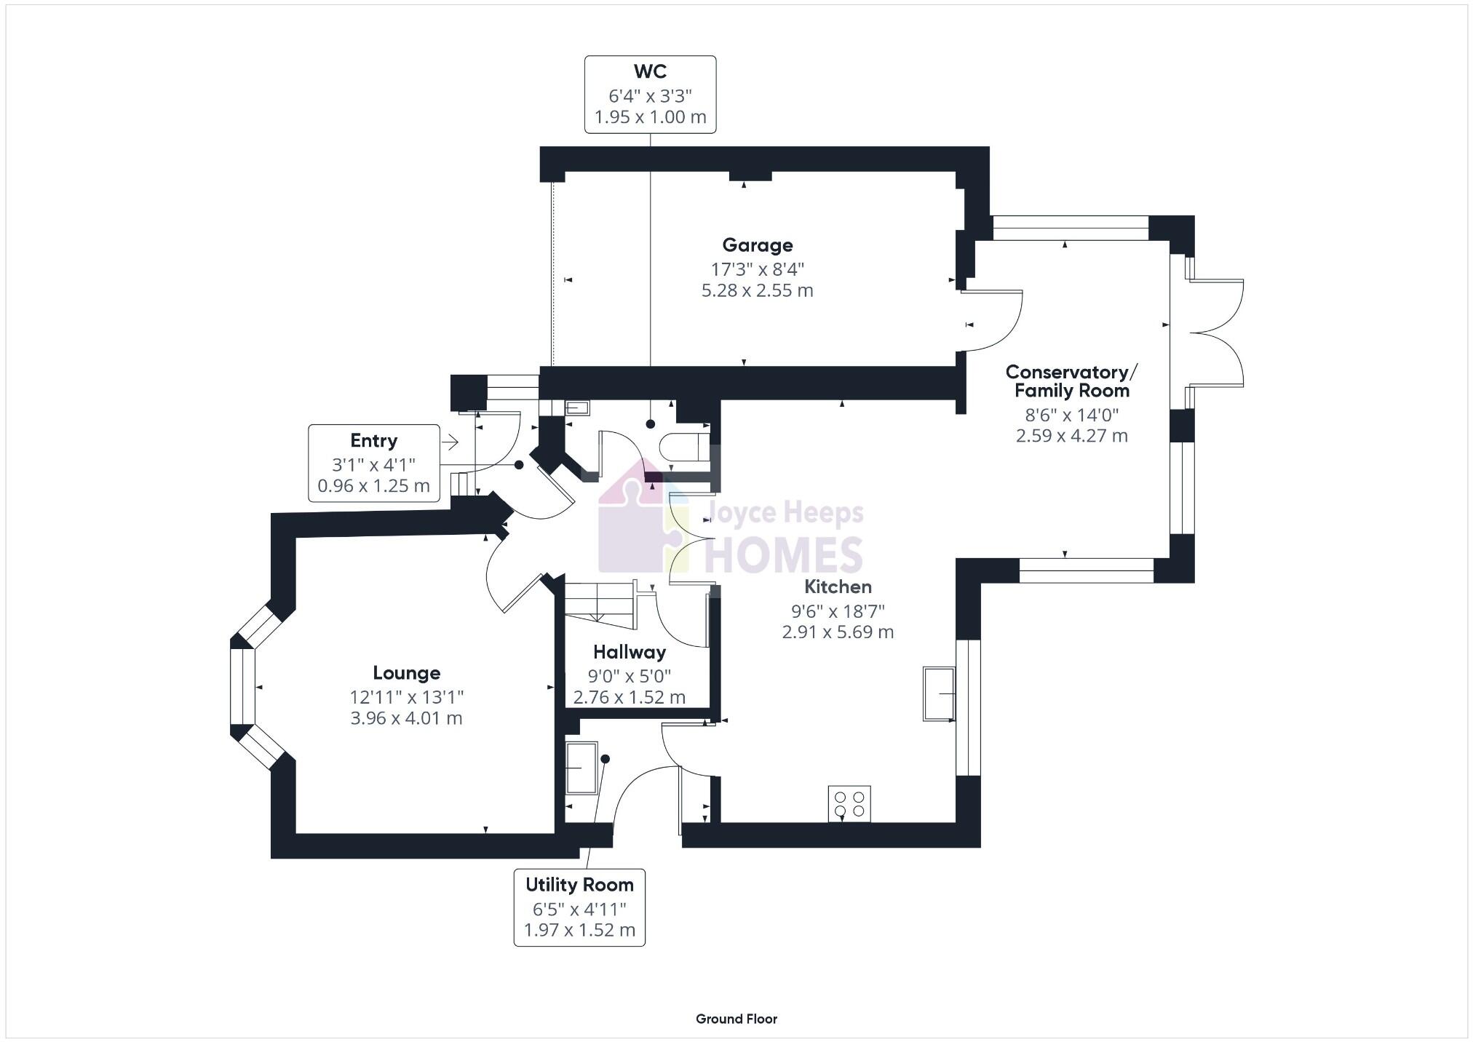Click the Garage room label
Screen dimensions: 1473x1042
[x=757, y=245]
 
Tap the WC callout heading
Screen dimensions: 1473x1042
[x=650, y=71]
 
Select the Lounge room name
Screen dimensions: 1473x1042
[x=406, y=673]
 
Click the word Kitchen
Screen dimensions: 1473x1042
[x=838, y=586]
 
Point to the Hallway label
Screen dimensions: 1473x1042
[x=629, y=652]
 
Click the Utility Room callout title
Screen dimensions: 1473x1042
[x=579, y=885]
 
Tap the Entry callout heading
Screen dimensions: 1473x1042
[x=373, y=441]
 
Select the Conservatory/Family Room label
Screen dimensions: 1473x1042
[x=1071, y=381]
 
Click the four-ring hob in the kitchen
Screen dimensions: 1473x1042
[x=849, y=804]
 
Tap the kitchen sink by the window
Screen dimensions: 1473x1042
[x=939, y=693]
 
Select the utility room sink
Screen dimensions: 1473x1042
[x=581, y=768]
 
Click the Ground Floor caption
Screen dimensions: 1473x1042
[x=736, y=1019]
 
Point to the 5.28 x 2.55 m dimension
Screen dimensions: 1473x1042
[x=757, y=290]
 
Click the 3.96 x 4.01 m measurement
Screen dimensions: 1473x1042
[x=406, y=718]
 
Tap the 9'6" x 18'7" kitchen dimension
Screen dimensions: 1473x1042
[x=838, y=611]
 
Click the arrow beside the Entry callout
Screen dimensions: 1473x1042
[x=449, y=442]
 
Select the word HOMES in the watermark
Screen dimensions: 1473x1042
[x=784, y=556]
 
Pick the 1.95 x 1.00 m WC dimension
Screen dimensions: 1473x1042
[x=650, y=117]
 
